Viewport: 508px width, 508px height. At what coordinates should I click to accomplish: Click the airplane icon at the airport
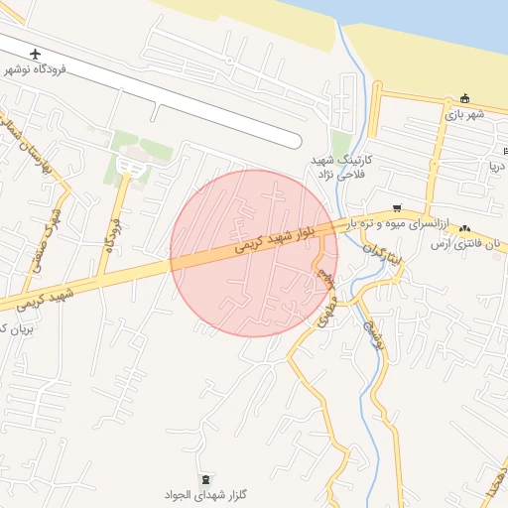coord(37,53)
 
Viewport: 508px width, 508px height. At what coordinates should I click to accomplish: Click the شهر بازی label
coord(464,113)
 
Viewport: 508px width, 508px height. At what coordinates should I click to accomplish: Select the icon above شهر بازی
coord(464,98)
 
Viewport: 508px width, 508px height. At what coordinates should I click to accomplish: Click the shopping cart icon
coord(397,208)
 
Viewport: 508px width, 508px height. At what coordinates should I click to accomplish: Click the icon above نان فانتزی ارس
coord(465,228)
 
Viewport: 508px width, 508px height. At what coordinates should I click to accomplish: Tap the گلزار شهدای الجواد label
coord(205,493)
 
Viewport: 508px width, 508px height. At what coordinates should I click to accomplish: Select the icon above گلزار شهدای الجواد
coord(205,479)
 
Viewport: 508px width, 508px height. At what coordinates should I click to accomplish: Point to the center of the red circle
coord(254,253)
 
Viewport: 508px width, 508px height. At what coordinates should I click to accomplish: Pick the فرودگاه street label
coord(110,231)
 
